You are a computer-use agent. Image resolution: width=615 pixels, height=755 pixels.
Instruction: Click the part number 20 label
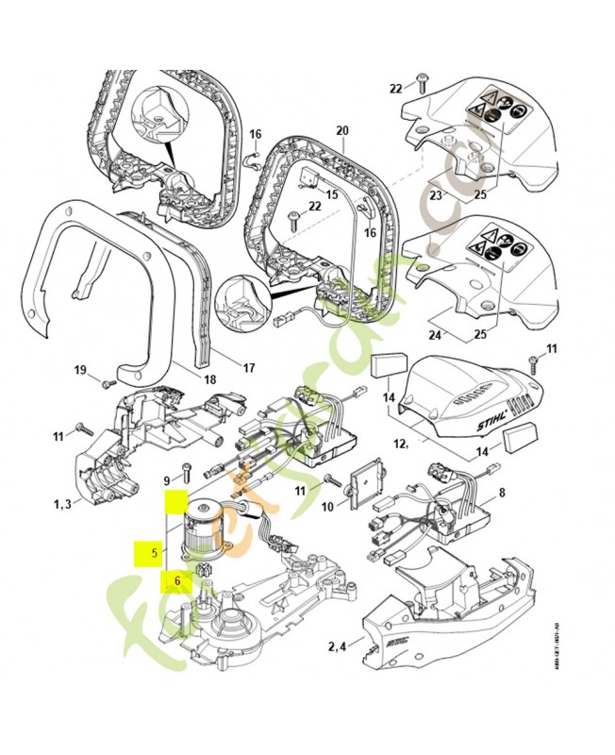click(x=341, y=130)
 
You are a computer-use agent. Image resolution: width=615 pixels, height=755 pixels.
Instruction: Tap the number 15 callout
click(x=331, y=194)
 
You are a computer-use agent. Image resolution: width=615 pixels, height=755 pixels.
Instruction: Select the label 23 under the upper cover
click(x=435, y=196)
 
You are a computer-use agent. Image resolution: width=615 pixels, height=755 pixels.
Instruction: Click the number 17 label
click(x=249, y=367)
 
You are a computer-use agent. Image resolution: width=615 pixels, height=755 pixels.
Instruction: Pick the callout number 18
click(x=209, y=380)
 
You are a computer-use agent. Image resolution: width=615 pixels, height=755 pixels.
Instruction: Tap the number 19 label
click(x=80, y=369)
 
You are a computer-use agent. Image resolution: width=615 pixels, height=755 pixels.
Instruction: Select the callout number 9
click(x=167, y=479)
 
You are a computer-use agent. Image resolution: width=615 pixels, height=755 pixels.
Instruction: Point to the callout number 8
click(x=502, y=492)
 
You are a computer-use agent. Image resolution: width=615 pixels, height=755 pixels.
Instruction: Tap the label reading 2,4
click(x=338, y=646)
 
